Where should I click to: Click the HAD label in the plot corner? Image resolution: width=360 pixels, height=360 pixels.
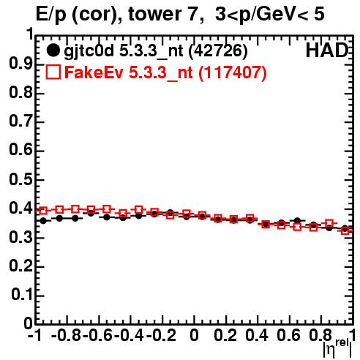click(327, 50)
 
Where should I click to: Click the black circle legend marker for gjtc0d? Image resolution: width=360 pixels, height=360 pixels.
click(53, 50)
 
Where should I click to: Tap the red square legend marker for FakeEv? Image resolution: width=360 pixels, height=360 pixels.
click(53, 72)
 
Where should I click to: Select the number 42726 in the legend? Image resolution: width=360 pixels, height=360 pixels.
click(218, 50)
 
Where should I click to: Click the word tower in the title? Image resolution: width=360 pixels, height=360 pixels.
click(154, 14)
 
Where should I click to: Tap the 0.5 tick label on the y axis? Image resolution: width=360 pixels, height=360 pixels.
click(20, 179)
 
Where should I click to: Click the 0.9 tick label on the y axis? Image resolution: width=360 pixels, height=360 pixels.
click(20, 64)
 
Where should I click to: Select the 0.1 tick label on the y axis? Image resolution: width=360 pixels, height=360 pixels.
click(22, 294)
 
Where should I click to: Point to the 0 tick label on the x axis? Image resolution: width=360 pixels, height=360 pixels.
click(194, 335)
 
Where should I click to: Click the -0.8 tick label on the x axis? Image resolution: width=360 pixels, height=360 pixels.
click(67, 335)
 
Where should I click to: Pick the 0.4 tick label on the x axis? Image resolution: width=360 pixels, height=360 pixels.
click(257, 335)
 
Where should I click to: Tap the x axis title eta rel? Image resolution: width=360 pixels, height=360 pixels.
click(337, 348)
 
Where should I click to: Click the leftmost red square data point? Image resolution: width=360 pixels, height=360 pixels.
click(43, 211)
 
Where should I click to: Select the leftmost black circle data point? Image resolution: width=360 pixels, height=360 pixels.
click(43, 221)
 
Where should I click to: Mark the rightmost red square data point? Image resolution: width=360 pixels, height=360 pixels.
click(345, 230)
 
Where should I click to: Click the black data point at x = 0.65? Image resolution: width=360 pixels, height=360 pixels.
click(297, 221)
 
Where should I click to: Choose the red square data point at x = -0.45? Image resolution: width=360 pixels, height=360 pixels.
click(123, 214)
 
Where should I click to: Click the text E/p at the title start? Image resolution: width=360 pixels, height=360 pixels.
click(51, 15)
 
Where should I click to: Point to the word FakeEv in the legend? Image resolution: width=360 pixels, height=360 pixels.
click(94, 72)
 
